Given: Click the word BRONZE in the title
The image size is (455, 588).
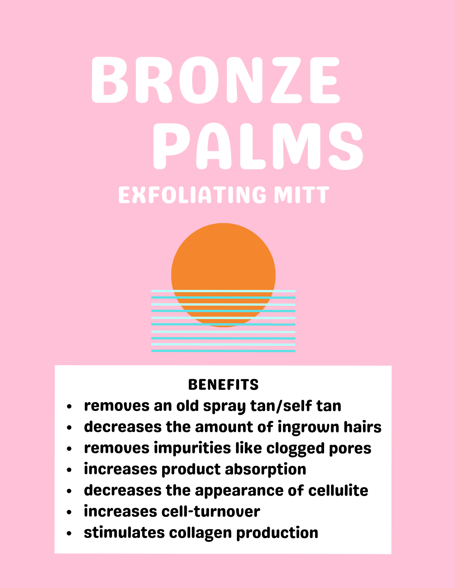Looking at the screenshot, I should (216, 80).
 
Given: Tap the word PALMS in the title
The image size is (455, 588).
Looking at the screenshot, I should (258, 146).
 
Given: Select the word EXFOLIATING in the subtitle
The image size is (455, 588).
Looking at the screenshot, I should (192, 195).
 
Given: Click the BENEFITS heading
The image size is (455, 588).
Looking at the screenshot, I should (223, 385).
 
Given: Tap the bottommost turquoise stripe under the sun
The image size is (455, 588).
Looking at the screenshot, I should (223, 351).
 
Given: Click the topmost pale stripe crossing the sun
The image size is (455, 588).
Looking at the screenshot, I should (223, 291).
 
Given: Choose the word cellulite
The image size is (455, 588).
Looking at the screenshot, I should (338, 490).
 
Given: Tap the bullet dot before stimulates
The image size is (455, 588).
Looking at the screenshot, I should (69, 533).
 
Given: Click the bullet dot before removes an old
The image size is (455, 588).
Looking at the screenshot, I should (69, 406).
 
